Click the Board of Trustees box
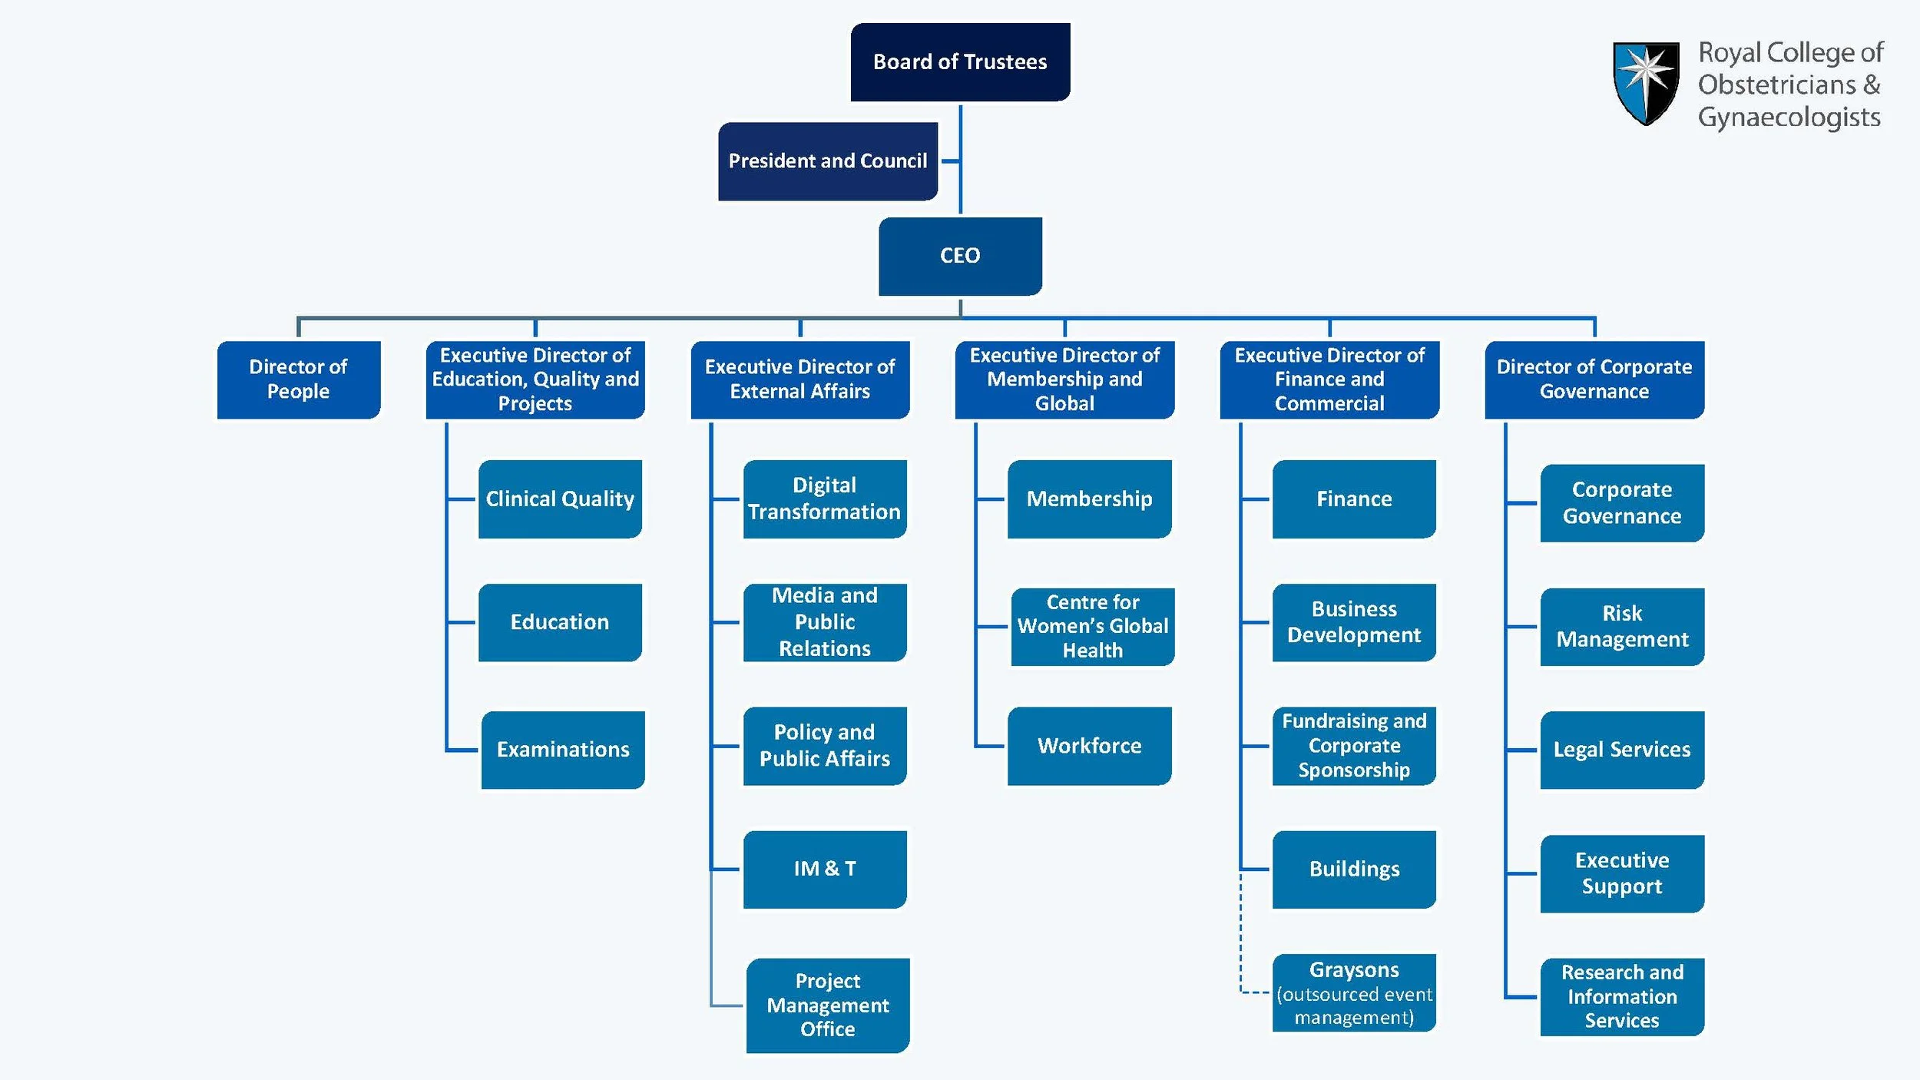click(960, 62)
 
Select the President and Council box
click(827, 161)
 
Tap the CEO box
click(960, 256)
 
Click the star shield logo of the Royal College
click(1645, 82)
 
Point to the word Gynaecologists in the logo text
click(1789, 118)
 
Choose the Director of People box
click(298, 379)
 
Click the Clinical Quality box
click(560, 499)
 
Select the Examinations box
click(563, 750)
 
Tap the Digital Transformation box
click(824, 499)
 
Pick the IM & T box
click(824, 869)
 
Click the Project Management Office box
click(827, 1005)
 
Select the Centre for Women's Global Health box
click(1092, 627)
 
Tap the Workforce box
click(1089, 746)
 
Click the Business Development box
click(1353, 622)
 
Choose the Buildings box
click(1353, 869)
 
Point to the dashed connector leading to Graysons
click(1241, 945)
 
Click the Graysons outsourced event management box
click(1353, 993)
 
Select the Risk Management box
click(1621, 627)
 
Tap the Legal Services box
click(1621, 750)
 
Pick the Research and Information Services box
click(1621, 996)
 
